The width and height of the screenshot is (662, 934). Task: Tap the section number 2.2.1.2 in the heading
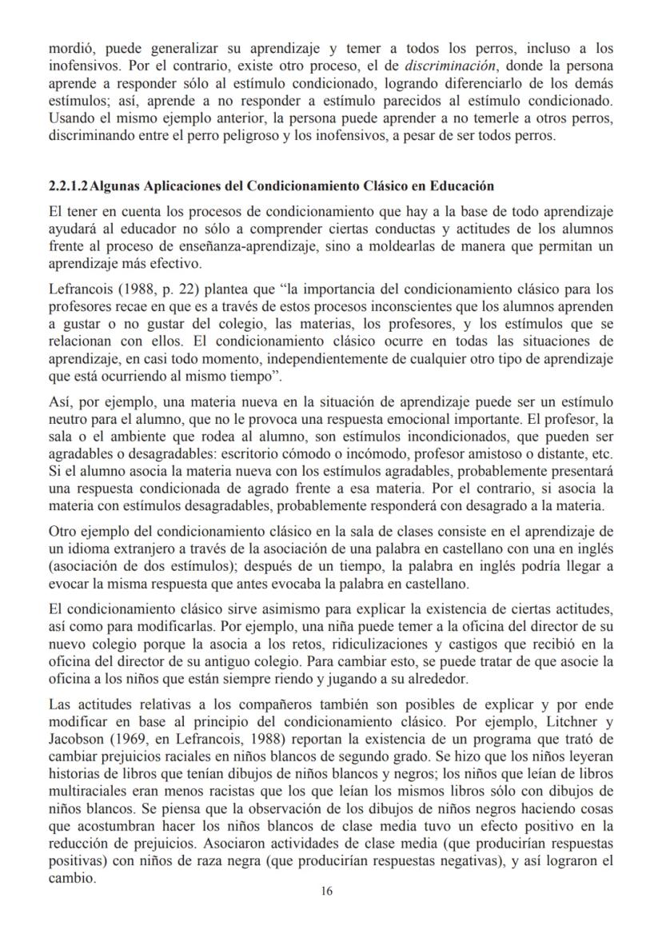click(x=70, y=186)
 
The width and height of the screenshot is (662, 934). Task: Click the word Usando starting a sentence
click(x=71, y=120)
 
